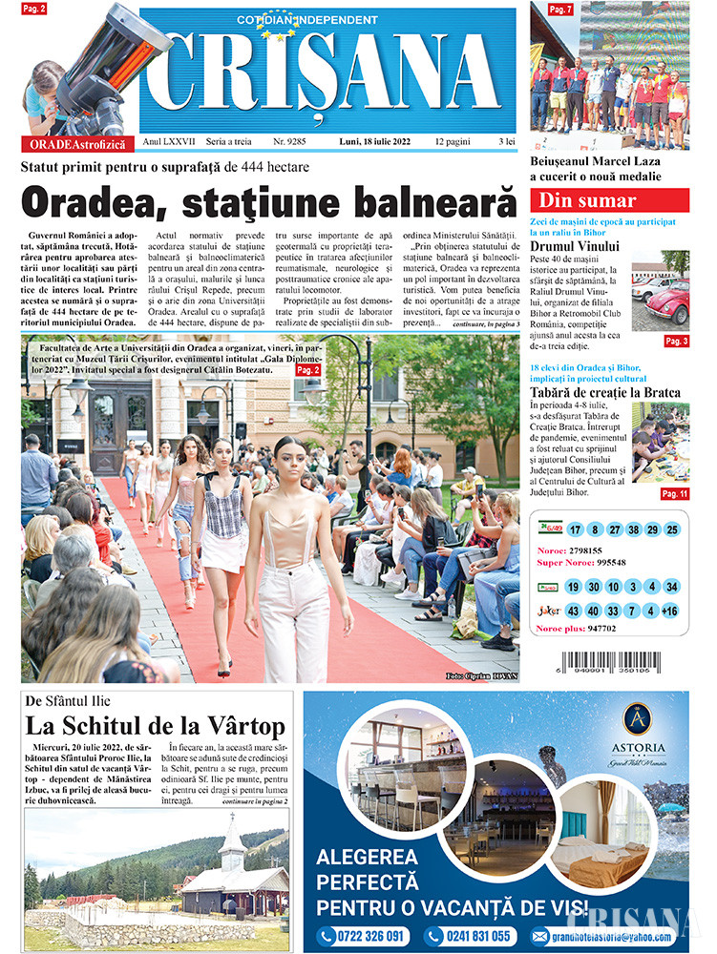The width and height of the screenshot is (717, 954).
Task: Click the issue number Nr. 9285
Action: [x=290, y=141]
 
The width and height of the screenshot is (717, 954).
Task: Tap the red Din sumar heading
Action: [x=587, y=201]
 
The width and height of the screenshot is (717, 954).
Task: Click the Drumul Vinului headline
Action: [x=575, y=247]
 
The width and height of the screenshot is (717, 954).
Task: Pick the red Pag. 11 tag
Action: [x=674, y=493]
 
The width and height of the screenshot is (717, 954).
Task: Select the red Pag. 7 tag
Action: [x=560, y=10]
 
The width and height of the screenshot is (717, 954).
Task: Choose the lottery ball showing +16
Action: [x=670, y=611]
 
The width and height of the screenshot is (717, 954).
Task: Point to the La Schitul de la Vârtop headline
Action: [x=155, y=727]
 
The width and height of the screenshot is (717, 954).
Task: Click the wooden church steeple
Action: [x=231, y=840]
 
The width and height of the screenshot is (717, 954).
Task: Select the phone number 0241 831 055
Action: [x=471, y=936]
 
